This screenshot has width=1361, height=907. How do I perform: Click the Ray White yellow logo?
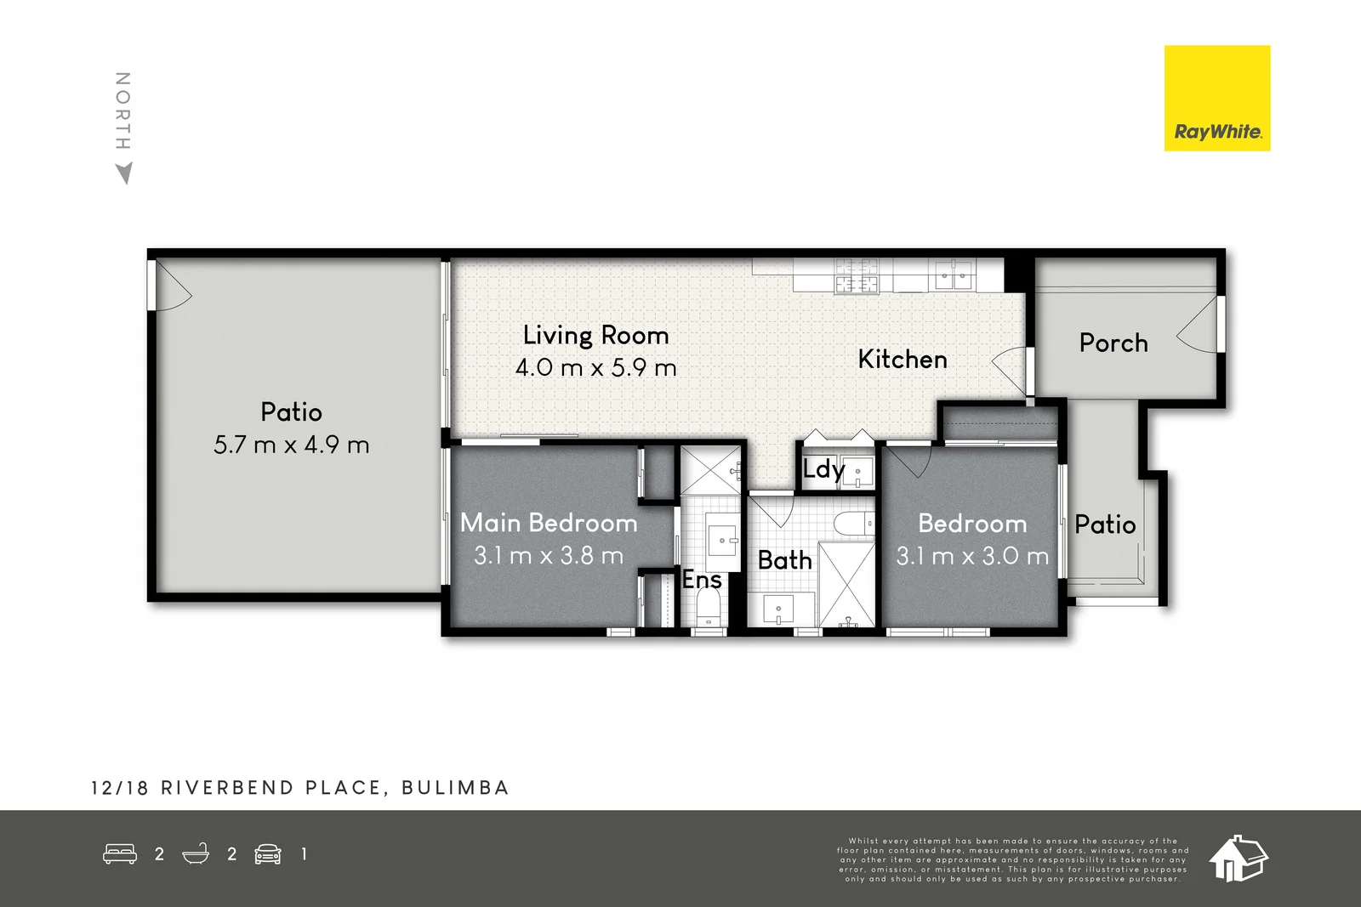1216,99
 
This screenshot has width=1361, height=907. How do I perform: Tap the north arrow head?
124,173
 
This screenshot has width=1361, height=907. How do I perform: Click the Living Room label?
595,335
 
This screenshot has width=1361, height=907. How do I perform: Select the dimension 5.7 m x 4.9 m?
291,445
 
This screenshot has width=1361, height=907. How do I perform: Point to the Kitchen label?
902,360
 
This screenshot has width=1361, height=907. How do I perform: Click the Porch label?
1113,343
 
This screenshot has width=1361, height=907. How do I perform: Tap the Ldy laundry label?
823,469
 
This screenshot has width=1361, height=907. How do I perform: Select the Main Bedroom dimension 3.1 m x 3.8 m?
549,556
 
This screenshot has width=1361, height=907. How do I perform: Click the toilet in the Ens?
708,608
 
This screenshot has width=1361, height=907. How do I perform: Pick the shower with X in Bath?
846,583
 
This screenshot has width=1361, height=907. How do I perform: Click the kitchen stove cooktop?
856,276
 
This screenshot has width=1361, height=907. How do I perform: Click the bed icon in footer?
120,853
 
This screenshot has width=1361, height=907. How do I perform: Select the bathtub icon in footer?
196,853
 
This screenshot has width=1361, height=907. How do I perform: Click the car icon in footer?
268,853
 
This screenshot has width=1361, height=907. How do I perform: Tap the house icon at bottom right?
1238,858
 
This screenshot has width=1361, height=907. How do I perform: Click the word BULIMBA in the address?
455,788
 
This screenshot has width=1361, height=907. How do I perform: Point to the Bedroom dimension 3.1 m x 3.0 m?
972,557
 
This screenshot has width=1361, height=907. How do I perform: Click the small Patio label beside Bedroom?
1104,524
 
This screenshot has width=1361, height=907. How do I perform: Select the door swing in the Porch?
1199,327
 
